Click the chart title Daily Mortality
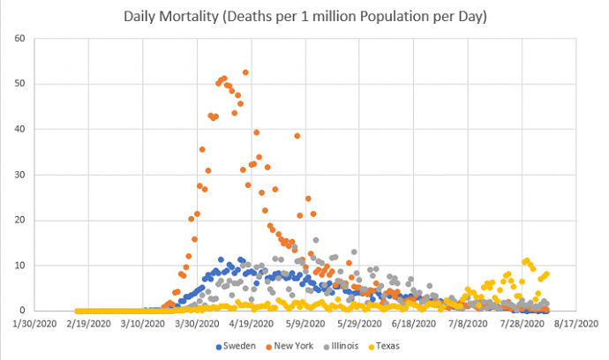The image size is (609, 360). pos(304,17)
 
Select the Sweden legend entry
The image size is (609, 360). pos(239,345)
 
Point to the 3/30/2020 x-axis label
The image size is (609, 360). pos(197,323)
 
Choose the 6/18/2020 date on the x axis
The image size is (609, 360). pos(412,323)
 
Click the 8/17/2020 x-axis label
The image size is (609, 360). pos(574,323)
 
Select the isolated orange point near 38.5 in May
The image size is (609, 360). pos(297,136)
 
